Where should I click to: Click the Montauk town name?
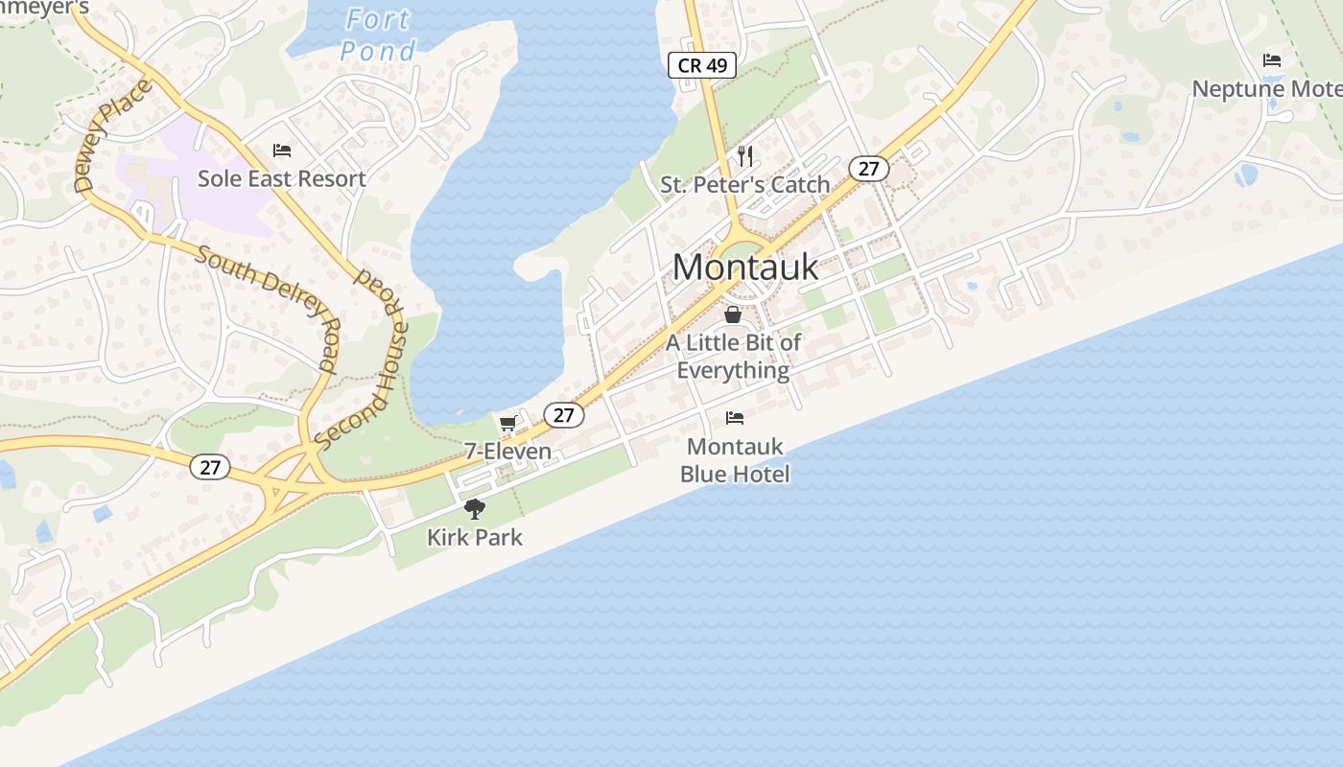click(745, 267)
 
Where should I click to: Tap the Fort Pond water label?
click(378, 35)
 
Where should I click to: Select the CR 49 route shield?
click(702, 65)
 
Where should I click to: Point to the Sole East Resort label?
click(282, 178)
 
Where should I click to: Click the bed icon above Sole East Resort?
click(282, 151)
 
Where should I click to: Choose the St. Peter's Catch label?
click(745, 184)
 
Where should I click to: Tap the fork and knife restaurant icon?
click(745, 155)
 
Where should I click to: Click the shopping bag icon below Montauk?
click(733, 314)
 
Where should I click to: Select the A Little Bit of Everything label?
click(734, 356)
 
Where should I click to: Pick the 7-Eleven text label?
click(507, 451)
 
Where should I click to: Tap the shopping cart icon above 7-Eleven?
click(507, 423)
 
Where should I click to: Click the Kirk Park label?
click(475, 537)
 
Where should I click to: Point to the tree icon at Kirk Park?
click(474, 509)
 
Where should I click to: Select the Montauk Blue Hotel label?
click(735, 460)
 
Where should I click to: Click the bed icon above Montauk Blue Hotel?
click(735, 417)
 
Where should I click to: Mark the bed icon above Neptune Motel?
click(1272, 60)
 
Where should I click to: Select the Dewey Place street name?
click(113, 136)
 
